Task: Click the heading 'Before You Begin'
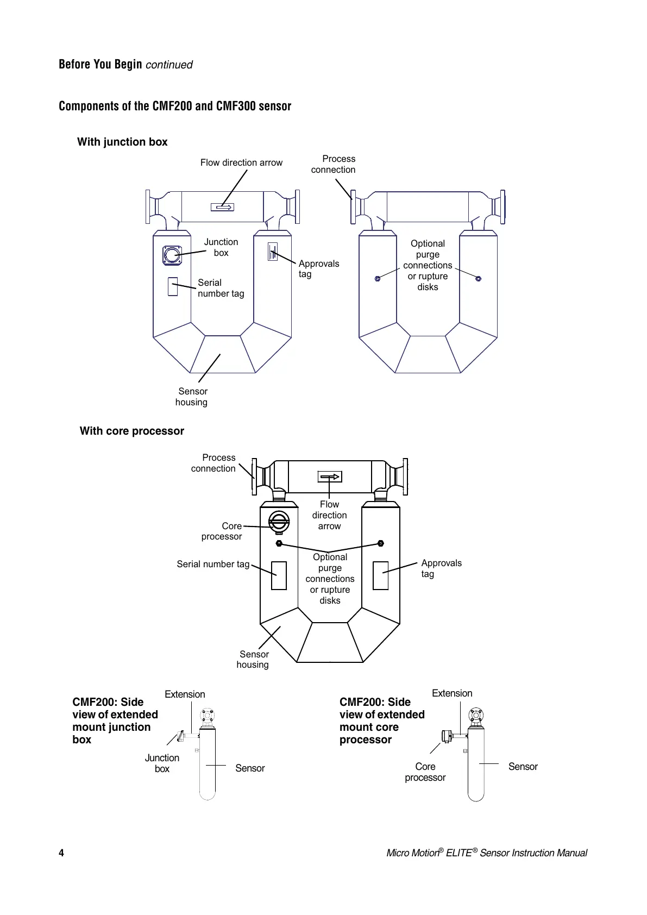100,64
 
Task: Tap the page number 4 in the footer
61,853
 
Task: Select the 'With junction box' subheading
122,142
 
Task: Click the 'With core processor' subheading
132,431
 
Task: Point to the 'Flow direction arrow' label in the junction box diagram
241,162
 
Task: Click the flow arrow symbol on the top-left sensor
222,207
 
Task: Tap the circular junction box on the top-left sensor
172,255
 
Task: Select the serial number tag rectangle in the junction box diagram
173,286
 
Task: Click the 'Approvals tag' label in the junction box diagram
318,268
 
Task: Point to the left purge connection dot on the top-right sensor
378,279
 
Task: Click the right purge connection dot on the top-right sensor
478,279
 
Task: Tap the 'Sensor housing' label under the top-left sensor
192,397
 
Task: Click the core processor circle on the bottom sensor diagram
279,523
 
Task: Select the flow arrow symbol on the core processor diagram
330,477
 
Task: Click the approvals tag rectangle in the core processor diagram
380,575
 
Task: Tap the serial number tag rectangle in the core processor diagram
279,575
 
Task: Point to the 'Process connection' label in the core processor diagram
214,463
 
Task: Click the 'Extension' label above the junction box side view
185,694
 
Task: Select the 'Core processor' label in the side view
425,772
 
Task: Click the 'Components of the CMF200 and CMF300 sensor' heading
175,106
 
